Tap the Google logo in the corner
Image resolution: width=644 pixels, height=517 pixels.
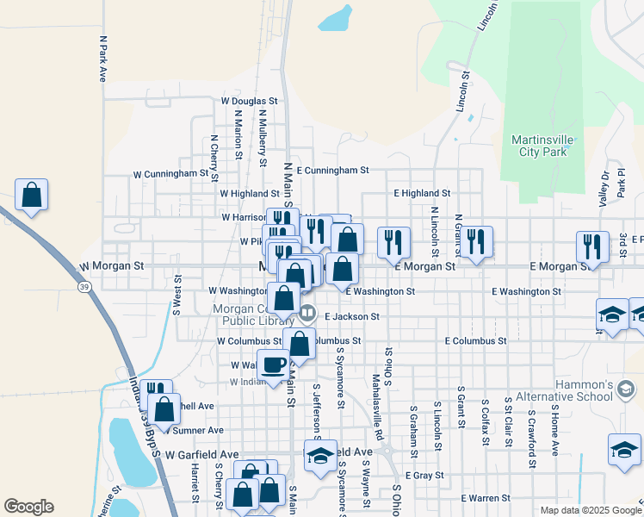[28, 507]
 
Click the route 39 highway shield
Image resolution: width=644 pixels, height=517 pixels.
[84, 286]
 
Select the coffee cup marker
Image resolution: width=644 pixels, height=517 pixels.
[275, 364]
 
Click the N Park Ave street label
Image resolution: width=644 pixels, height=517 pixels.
[102, 59]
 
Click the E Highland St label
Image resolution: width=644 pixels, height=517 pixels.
[422, 194]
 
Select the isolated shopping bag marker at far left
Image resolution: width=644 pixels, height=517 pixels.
[31, 196]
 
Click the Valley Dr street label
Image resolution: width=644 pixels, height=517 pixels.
[604, 188]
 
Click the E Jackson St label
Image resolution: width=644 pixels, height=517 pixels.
[351, 317]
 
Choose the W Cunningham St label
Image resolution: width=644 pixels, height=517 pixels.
[171, 173]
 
